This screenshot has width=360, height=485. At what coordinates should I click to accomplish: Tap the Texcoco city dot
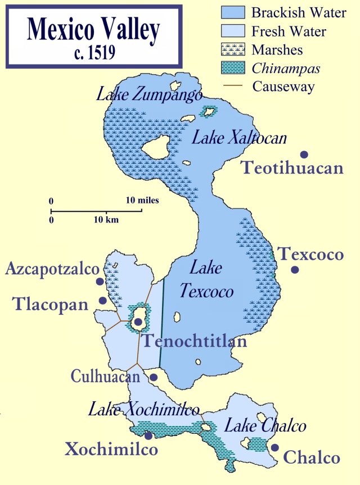295,270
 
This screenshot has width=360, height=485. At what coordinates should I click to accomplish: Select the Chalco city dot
274,447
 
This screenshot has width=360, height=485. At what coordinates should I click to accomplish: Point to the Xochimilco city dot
148,435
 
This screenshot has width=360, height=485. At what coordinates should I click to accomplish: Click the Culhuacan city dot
153,377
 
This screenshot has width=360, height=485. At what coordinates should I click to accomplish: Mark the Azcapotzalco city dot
100,281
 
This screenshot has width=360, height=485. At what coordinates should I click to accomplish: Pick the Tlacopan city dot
103,301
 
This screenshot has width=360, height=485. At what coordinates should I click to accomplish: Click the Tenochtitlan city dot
137,321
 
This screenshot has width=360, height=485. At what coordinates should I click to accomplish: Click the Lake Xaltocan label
239,138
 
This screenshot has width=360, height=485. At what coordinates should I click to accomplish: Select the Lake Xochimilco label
144,409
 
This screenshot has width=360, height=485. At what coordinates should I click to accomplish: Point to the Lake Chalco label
265,426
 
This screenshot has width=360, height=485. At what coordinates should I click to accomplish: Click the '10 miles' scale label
142,200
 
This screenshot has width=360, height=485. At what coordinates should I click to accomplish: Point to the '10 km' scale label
106,220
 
